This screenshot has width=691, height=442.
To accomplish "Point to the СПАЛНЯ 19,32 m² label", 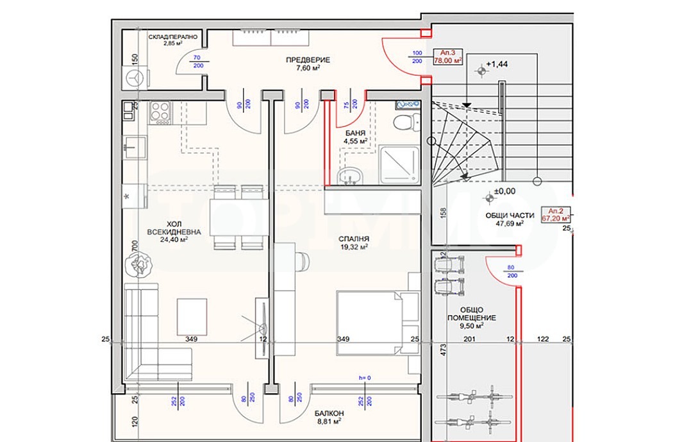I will pos(353,242).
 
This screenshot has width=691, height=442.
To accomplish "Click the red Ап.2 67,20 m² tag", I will pos(555,214).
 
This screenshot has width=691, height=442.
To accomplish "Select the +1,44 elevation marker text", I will pos(496,64).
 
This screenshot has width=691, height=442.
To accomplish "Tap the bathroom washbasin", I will pos(350,174).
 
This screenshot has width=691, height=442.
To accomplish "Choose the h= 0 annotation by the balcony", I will pos(365,378).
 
